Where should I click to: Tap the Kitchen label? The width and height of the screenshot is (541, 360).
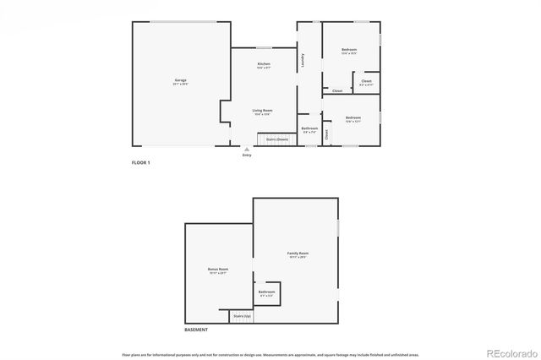pos(264,66)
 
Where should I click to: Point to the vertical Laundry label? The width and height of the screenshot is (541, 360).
pos(302,61)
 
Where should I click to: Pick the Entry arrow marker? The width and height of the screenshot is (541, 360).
pos(247,148)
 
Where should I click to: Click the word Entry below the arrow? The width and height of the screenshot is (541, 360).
pos(247,155)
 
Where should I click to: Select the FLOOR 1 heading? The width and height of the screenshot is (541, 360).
pos(140,161)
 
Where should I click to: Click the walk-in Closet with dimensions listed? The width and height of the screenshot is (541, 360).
pos(366,84)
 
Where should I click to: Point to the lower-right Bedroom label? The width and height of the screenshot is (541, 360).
pos(352,118)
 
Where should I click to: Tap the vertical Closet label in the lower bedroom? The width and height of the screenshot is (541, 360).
pos(327,133)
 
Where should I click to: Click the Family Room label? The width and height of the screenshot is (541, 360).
pos(298,254)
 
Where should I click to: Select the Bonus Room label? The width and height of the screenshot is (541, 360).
pos(218,270)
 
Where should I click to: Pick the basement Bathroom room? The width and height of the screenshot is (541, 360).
pos(267,293)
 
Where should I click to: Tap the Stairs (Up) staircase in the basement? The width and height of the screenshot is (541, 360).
pos(242,316)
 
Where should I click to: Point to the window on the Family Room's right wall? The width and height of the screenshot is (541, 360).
pos(338,228)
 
